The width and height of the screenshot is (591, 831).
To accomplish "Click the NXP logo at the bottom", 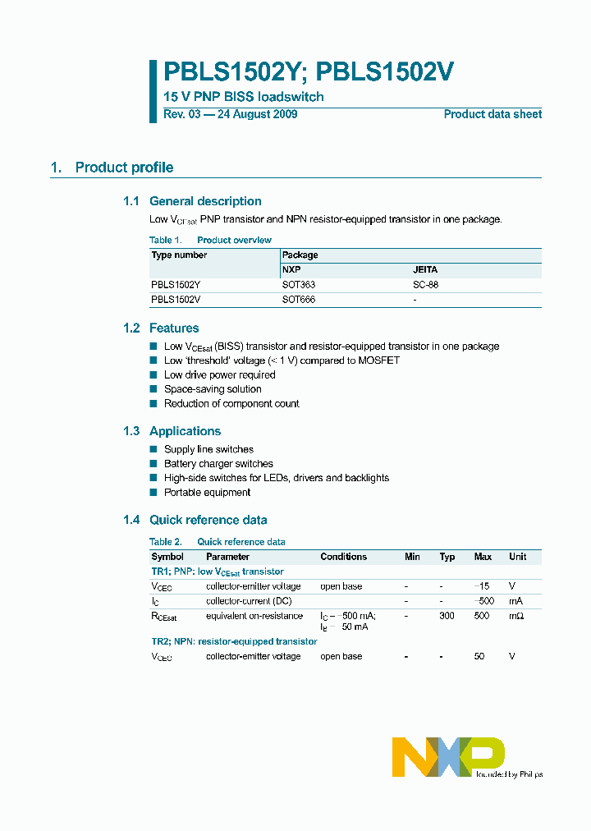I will coord(448,755).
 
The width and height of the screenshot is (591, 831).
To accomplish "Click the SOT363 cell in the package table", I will coord(299,285).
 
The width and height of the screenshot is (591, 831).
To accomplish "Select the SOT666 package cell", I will coord(299,300).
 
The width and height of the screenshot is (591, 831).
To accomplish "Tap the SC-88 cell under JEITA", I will coord(426,285).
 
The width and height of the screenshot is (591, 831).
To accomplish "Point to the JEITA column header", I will coord(424,269).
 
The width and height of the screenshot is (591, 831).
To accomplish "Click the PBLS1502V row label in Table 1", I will coord(176,300).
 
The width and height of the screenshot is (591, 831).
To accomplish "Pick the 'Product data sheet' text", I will coord(492,114).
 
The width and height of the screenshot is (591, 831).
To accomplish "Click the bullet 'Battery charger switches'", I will coord(218,464).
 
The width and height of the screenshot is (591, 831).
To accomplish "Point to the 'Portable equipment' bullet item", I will coord(207,493).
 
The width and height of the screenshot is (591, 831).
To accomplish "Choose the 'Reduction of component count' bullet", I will coord(231,404).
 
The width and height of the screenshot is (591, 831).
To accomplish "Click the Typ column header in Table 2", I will coord(447,557).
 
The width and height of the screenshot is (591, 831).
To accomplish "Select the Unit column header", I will coord(517,557).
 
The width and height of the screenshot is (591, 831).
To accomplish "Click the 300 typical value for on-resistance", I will coord(447,616).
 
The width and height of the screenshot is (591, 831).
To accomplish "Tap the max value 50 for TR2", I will coord(480,657).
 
